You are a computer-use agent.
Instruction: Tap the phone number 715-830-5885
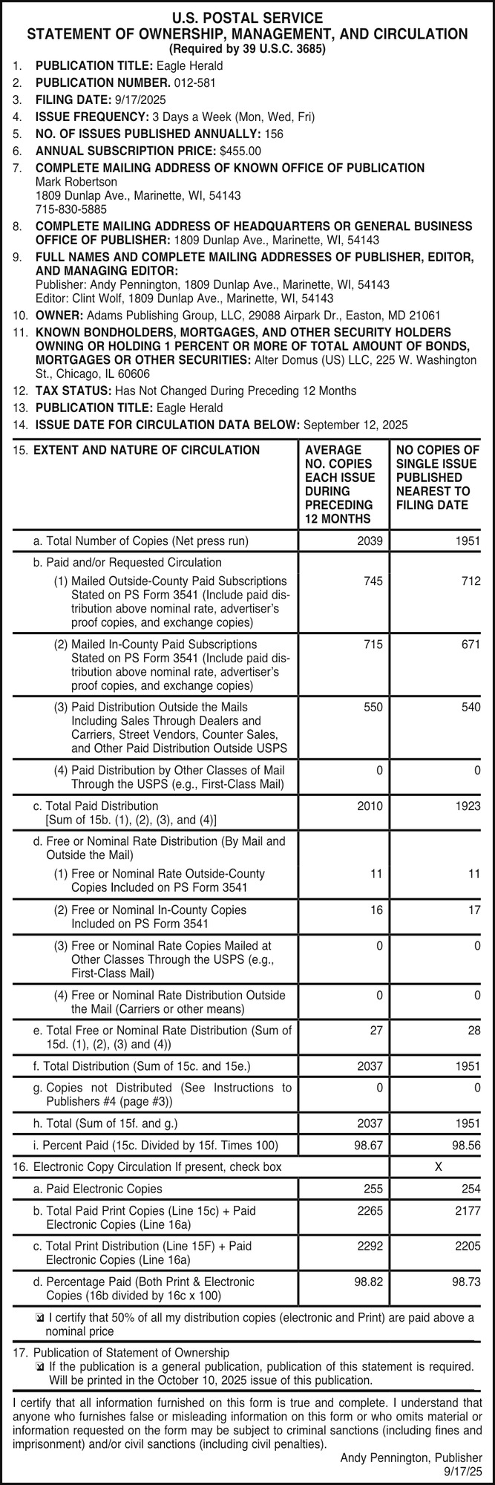(x=71, y=209)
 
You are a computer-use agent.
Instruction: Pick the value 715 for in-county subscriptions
(x=373, y=644)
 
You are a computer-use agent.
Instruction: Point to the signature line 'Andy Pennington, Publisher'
(x=411, y=1458)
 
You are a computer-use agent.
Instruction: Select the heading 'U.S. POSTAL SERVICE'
(x=247, y=18)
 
